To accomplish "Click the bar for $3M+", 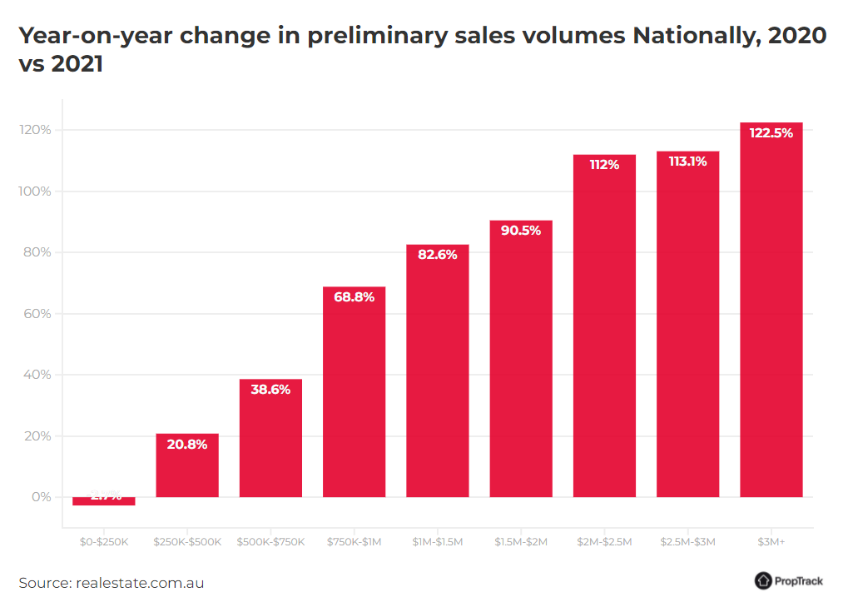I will coord(771,316).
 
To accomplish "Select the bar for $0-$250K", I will coord(104,501).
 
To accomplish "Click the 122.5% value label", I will coord(771,132).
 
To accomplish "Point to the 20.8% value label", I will coord(187,445).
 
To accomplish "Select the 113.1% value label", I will coord(687,162).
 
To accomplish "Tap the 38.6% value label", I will coord(270,390).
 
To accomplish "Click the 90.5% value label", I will coord(521,231).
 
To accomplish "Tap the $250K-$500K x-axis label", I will coord(187,542).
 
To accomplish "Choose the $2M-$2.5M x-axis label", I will coord(604,542).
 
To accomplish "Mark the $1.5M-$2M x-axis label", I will coord(521,542).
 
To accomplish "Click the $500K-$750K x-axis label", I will coord(270,542).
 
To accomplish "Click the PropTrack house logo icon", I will coord(763,581).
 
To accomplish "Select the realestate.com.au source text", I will coord(140,583).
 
